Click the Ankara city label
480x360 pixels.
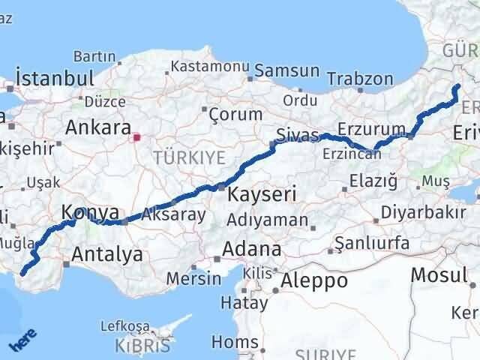tap(98, 127)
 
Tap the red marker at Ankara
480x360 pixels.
tap(136, 137)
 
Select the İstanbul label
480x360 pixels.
tap(55, 79)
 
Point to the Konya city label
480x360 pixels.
tap(91, 212)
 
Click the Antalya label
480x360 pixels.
tap(106, 254)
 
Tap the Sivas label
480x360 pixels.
tap(292, 136)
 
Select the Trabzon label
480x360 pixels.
tap(360, 79)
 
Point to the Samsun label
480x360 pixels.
tap(287, 71)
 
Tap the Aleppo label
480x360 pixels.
tap(314, 281)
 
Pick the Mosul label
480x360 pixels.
tap(439, 275)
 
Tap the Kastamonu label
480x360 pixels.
tap(210, 66)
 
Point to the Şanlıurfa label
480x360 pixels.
tap(372, 243)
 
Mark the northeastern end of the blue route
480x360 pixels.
tap(457, 87)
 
